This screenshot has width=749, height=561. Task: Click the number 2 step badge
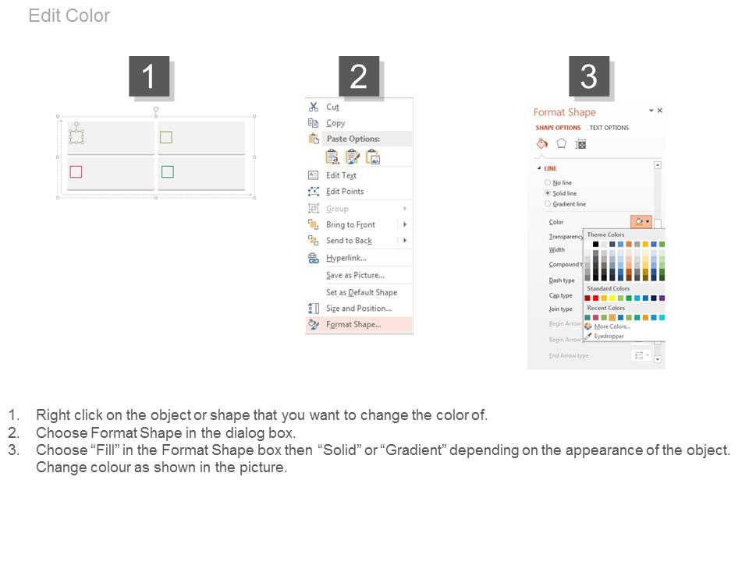tap(358, 76)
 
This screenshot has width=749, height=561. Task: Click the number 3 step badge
tap(588, 76)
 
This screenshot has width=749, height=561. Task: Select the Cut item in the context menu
tap(332, 108)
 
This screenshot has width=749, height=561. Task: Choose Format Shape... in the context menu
tap(353, 325)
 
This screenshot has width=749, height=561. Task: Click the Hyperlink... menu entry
tap(346, 258)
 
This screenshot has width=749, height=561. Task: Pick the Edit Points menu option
tap(344, 192)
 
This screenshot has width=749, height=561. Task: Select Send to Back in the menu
tap(348, 241)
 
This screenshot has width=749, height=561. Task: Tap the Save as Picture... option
tap(355, 275)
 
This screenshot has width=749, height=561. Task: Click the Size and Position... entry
tap(358, 309)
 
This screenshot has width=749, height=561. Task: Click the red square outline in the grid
tap(76, 171)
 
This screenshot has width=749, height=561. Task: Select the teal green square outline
tap(166, 171)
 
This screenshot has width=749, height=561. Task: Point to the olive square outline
tap(166, 138)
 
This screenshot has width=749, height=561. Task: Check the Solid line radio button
tap(548, 193)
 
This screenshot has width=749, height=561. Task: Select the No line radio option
tap(548, 182)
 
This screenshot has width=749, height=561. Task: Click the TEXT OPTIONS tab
tap(609, 128)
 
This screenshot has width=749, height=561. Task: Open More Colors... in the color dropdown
tap(612, 326)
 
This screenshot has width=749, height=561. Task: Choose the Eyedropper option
tap(609, 336)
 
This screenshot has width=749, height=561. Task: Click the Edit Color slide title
tap(69, 16)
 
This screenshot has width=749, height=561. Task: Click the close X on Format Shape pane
tap(659, 111)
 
